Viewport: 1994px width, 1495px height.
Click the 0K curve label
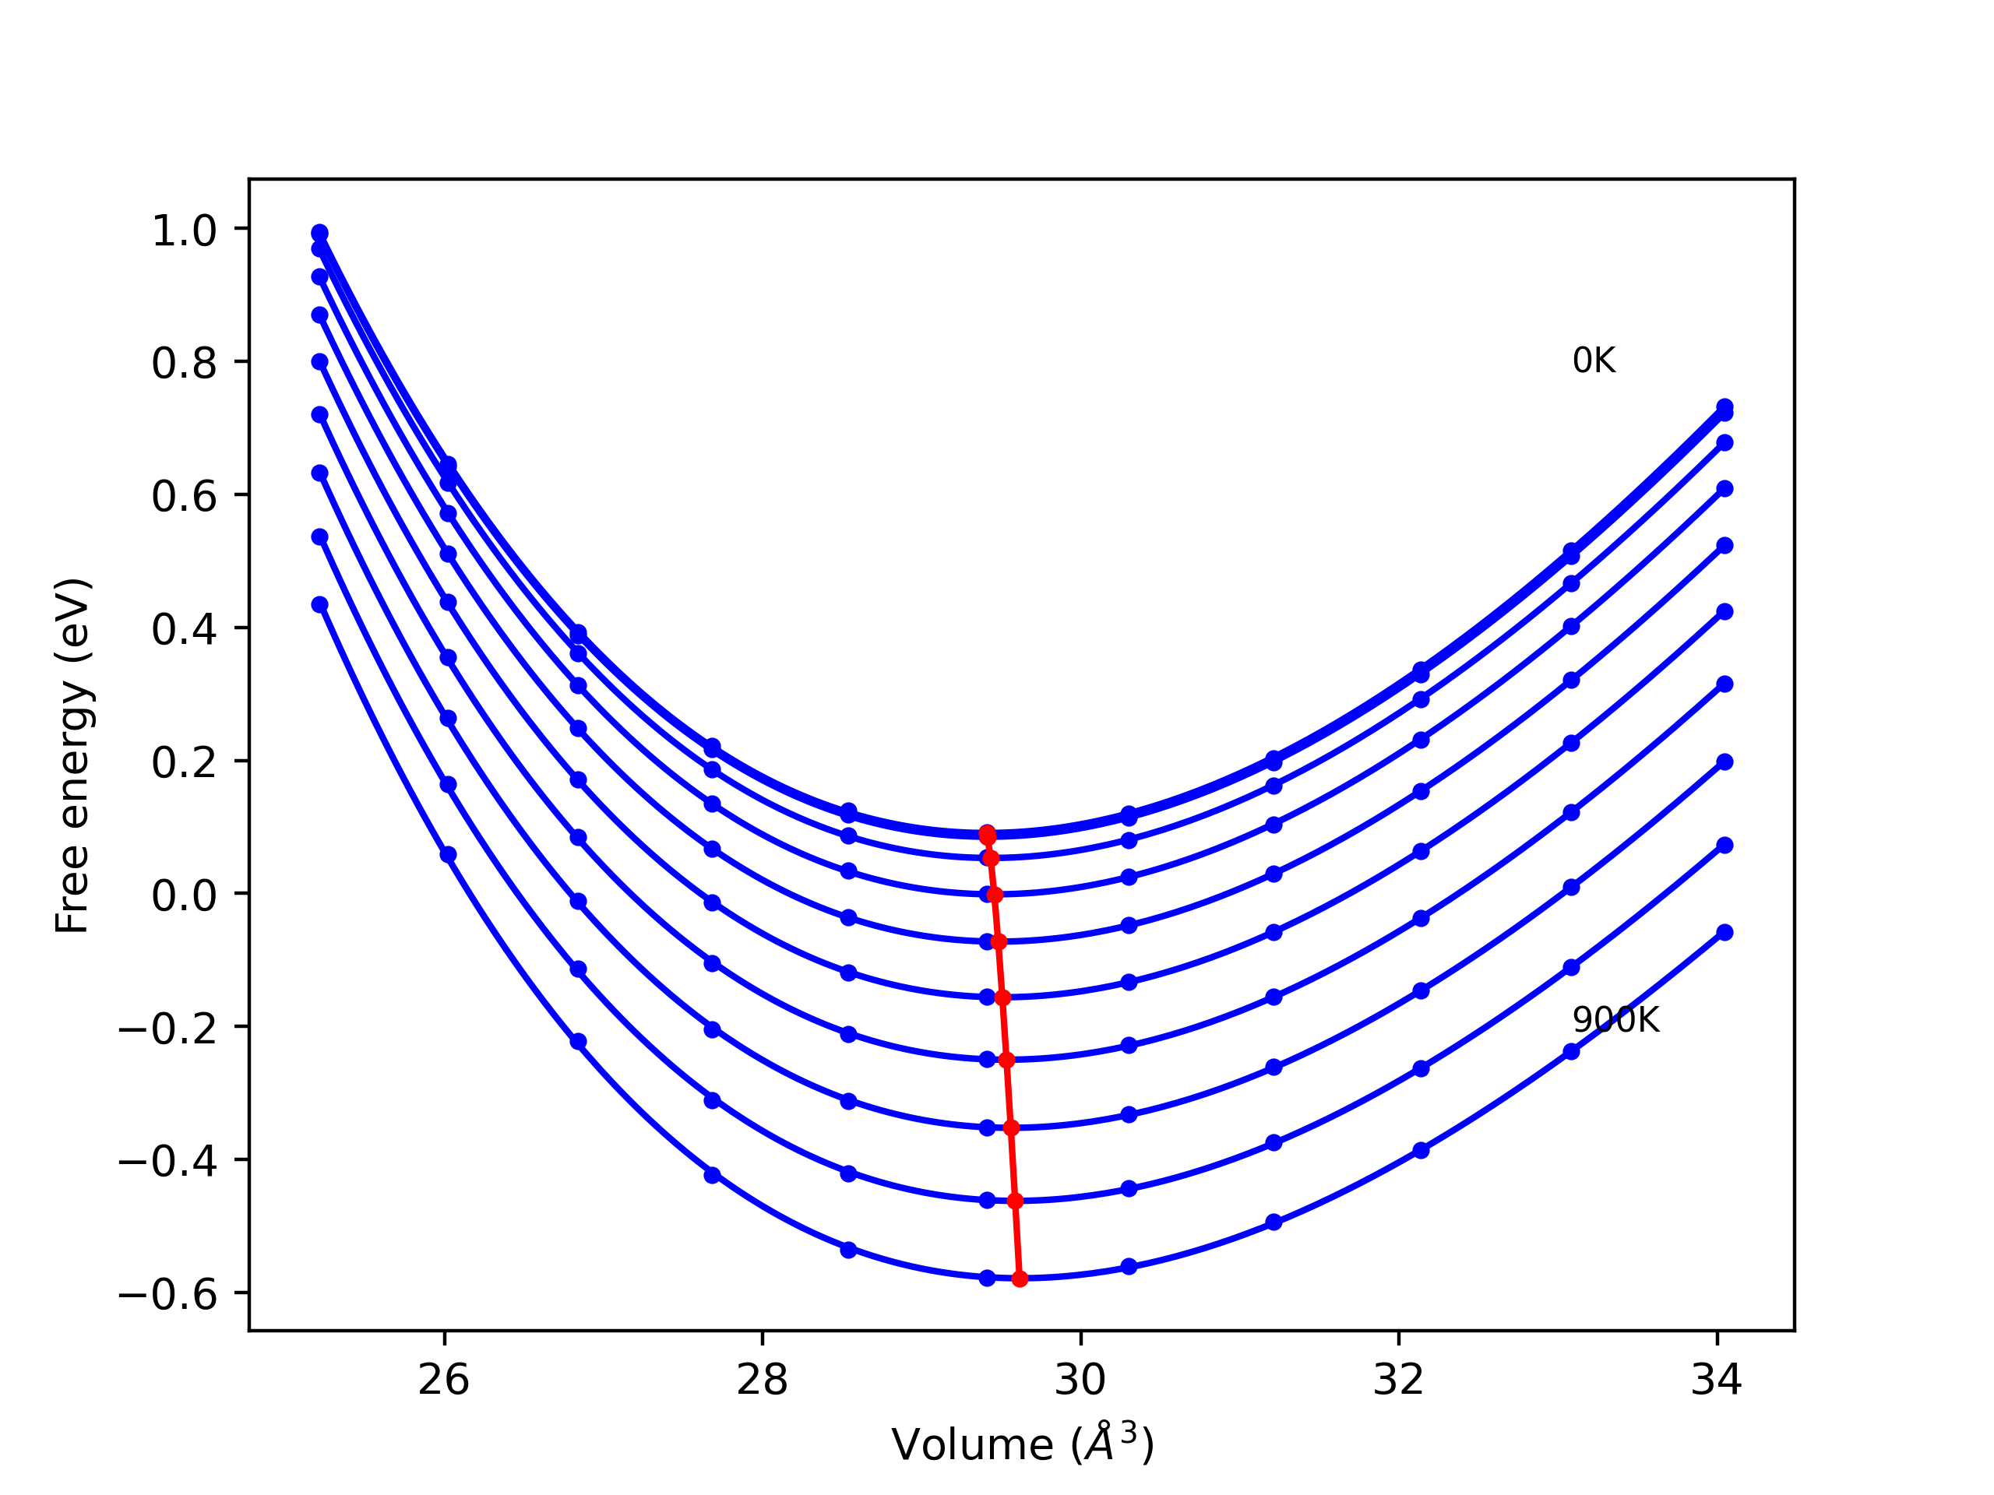[x=1593, y=361]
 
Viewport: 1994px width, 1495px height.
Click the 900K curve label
[x=1615, y=1020]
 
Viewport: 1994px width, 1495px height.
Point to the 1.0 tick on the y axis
[x=184, y=230]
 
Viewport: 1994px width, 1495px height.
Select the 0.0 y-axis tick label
[x=184, y=895]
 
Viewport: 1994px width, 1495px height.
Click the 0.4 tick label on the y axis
[x=184, y=630]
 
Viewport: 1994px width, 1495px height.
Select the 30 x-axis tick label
[x=1080, y=1380]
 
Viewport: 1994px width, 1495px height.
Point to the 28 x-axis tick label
[x=762, y=1380]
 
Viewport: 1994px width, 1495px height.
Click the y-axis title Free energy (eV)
[x=72, y=755]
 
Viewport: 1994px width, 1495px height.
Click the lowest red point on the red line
[x=1020, y=1279]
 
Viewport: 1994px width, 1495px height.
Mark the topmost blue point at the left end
[x=320, y=234]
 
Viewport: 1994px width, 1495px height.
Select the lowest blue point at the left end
[x=320, y=605]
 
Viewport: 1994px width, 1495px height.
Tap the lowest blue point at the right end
[x=1724, y=933]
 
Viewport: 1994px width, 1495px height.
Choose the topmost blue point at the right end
[x=1724, y=407]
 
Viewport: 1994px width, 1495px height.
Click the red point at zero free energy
[x=995, y=895]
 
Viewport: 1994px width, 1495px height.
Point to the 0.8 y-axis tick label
[x=184, y=364]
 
